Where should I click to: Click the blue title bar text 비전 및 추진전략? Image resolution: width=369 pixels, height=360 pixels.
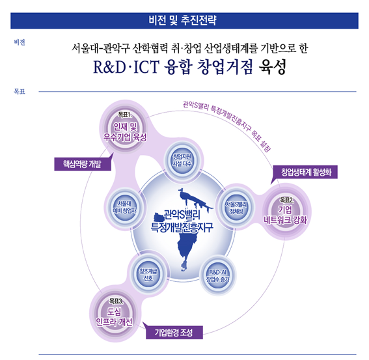pyautogui.click(x=182, y=20)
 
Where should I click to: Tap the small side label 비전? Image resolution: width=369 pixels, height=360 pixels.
pyautogui.click(x=20, y=42)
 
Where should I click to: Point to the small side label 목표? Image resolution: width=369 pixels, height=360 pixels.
pyautogui.click(x=20, y=91)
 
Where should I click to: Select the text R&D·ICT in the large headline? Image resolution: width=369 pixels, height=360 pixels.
pyautogui.click(x=126, y=67)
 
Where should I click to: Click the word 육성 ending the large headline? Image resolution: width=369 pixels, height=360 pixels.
pyautogui.click(x=272, y=67)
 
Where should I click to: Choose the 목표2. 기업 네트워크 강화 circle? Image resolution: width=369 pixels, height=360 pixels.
pyautogui.click(x=285, y=211)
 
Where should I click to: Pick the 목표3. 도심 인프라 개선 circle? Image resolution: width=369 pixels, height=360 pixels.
pyautogui.click(x=115, y=313)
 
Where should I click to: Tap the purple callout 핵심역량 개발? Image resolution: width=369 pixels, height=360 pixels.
pyautogui.click(x=83, y=164)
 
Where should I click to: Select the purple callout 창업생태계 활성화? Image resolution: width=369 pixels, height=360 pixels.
pyautogui.click(x=305, y=172)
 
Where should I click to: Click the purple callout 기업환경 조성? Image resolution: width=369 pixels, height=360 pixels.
pyautogui.click(x=174, y=332)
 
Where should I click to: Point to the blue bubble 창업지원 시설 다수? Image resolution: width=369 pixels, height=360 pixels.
pyautogui.click(x=182, y=160)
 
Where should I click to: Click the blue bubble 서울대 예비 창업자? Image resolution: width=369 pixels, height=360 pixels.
pyautogui.click(x=125, y=207)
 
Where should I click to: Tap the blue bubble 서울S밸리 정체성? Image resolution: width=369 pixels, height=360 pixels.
pyautogui.click(x=236, y=208)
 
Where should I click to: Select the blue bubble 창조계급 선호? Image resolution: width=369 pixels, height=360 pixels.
pyautogui.click(x=148, y=275)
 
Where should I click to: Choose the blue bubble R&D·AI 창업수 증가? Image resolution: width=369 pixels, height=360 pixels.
pyautogui.click(x=217, y=276)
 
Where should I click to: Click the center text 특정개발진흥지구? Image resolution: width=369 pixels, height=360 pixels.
pyautogui.click(x=182, y=227)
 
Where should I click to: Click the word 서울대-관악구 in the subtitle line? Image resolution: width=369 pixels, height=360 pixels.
pyautogui.click(x=101, y=48)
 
